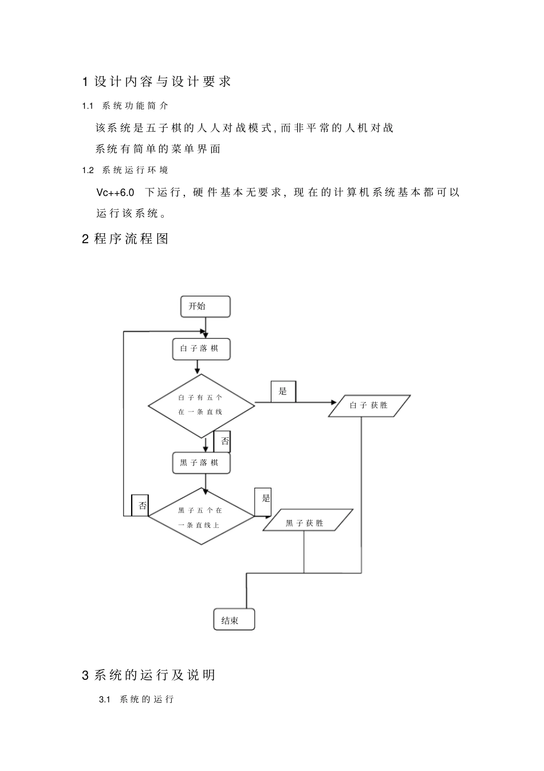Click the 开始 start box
point(205,306)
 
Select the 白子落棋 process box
point(201,349)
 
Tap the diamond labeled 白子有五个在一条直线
point(201,405)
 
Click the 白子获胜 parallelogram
point(369,405)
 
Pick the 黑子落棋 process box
point(201,463)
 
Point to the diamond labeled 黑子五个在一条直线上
point(201,516)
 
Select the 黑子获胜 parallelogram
point(308,520)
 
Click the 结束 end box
point(234,620)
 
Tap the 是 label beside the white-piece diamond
point(283,392)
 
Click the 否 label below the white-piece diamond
point(222,441)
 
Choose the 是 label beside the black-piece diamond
point(266,498)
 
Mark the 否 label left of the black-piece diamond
point(140,506)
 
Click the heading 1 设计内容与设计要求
point(156,82)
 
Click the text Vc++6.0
point(116,192)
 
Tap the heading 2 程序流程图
point(125,239)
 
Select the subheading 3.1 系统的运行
point(136,700)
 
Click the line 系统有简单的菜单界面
point(158,149)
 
